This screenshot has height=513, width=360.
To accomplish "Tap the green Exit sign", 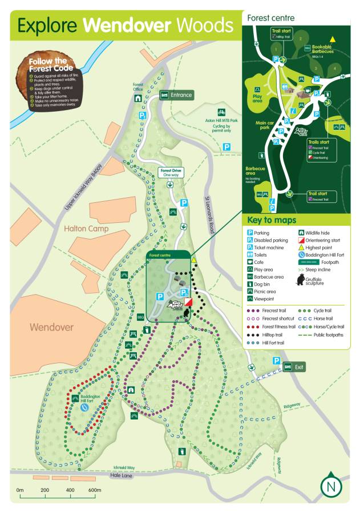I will click(294, 367).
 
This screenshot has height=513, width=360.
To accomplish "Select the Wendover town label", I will click(52, 327).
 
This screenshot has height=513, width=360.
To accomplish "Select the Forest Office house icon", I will click(138, 98).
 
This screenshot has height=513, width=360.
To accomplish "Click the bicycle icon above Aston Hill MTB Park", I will click(221, 112).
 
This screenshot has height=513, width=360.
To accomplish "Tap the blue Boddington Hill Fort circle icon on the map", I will click(84, 408).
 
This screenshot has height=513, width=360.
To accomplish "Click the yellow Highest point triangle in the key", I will click(301, 247).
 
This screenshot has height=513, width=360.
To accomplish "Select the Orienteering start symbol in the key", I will click(301, 240).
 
